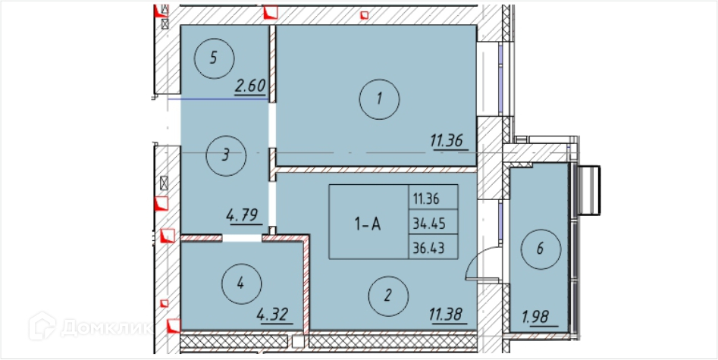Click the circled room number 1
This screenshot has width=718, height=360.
[379, 99]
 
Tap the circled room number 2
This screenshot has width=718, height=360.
[388, 296]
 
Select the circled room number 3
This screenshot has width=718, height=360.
[226, 155]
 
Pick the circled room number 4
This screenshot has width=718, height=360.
[241, 284]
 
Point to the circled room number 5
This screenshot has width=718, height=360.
[214, 58]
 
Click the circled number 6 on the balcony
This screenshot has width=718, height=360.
[541, 249]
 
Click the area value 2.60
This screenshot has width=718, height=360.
[250, 86]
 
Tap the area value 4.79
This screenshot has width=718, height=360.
[243, 214]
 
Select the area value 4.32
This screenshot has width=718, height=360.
[274, 315]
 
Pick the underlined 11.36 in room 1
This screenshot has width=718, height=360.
[449, 141]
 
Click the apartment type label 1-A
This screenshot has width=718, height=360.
[367, 224]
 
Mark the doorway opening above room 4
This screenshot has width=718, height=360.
[242, 238]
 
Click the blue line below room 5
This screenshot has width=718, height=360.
[218, 99]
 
